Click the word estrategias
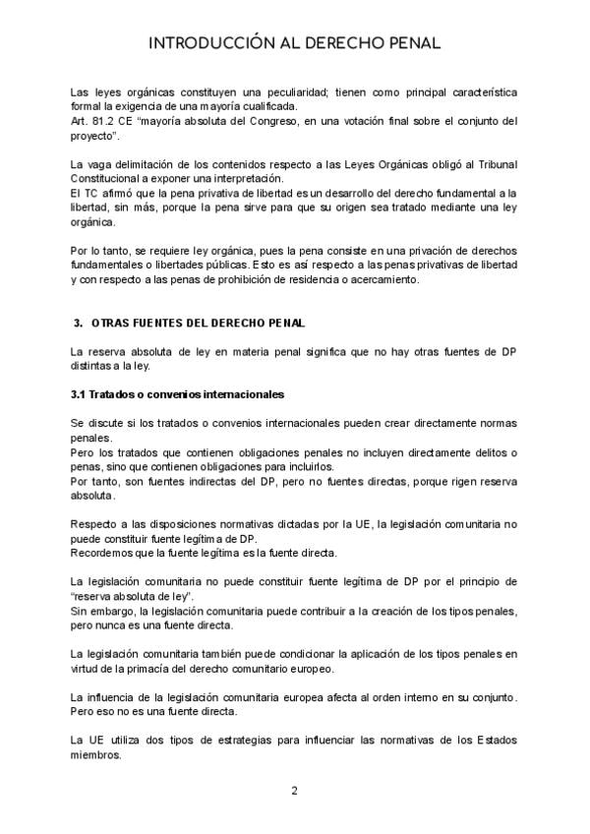[265, 741]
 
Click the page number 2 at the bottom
[294, 791]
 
